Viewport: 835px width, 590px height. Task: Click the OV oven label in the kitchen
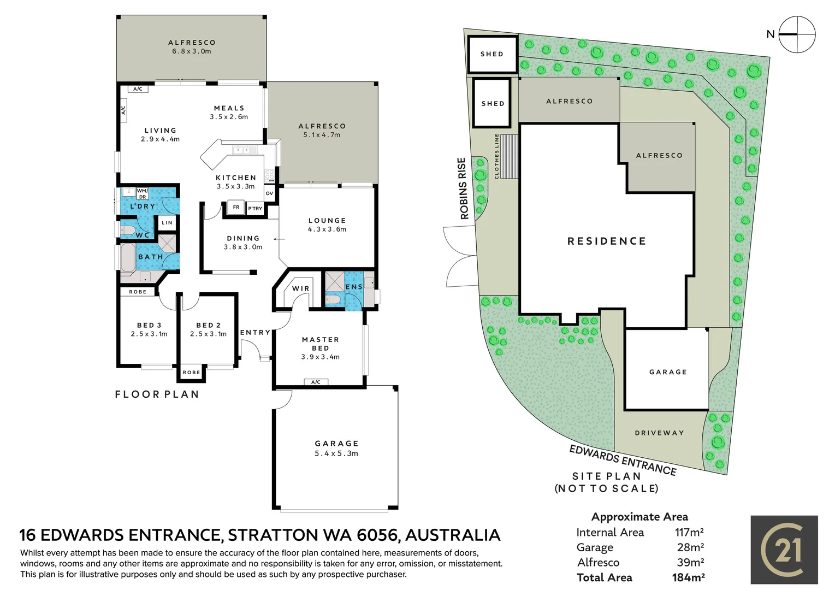270,193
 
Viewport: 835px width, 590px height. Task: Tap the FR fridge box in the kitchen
236,208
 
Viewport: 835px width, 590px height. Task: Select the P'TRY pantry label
255,209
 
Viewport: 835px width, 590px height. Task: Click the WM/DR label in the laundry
143,193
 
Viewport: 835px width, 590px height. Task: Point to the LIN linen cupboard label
167,223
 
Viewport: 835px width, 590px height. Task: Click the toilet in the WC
125,230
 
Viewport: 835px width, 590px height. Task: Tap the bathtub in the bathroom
128,258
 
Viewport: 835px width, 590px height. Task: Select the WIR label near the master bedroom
300,288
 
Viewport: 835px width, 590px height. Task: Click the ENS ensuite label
354,287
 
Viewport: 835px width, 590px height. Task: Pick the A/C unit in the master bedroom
316,382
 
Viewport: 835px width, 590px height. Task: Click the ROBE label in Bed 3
138,292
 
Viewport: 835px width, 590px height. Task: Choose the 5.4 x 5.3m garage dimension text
336,453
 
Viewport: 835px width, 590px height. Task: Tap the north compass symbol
797,34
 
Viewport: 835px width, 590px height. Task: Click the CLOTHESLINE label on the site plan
496,156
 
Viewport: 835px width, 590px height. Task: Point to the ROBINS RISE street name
463,188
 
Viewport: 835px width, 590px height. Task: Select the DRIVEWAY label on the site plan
660,433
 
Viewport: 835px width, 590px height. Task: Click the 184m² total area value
688,577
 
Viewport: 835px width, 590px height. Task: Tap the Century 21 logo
784,550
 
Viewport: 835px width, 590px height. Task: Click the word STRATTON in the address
273,535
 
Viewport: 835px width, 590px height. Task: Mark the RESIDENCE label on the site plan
607,241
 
